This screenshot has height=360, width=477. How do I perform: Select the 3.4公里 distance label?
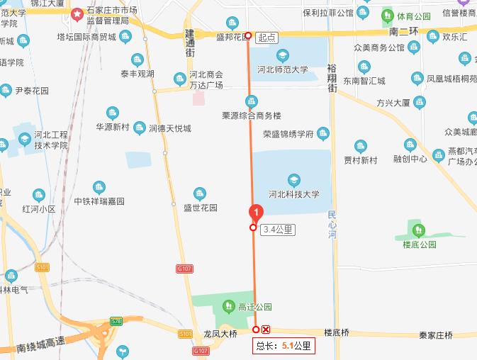pyautogui.click(x=277, y=229)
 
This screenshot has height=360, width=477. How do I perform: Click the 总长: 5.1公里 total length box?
pyautogui.click(x=284, y=346)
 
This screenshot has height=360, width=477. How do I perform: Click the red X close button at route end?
pyautogui.click(x=266, y=330)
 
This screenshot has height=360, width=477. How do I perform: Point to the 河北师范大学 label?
pyautogui.click(x=282, y=69)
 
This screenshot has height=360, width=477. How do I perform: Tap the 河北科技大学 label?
pyautogui.click(x=293, y=193)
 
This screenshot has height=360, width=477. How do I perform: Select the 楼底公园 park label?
pyautogui.click(x=418, y=244)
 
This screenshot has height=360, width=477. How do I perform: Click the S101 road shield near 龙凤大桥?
pyautogui.click(x=186, y=333)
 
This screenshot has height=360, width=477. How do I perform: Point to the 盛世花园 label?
pyautogui.click(x=200, y=208)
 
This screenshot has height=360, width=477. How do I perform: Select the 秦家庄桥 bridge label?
pyautogui.click(x=435, y=334)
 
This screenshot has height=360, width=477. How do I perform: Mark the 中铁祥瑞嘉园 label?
pyautogui.click(x=99, y=201)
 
